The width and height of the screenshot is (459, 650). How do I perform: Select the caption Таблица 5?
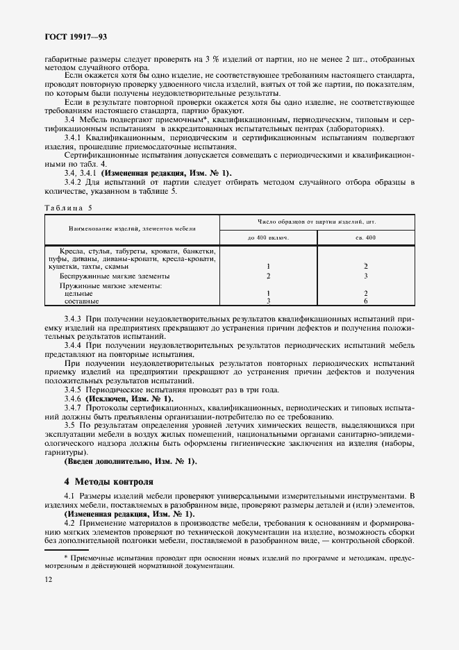68,206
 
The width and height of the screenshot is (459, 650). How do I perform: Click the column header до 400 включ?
268,237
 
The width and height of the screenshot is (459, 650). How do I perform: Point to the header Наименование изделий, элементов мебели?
132,228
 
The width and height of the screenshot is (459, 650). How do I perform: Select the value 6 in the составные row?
365,301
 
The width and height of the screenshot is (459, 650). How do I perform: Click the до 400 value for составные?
268,301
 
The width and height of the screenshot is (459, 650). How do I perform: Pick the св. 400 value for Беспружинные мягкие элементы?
365,276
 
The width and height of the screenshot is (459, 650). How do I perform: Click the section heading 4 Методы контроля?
108,481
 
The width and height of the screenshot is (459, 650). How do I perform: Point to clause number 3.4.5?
74,390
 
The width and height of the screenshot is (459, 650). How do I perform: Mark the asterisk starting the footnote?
65,558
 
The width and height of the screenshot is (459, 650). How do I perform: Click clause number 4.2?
70,522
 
